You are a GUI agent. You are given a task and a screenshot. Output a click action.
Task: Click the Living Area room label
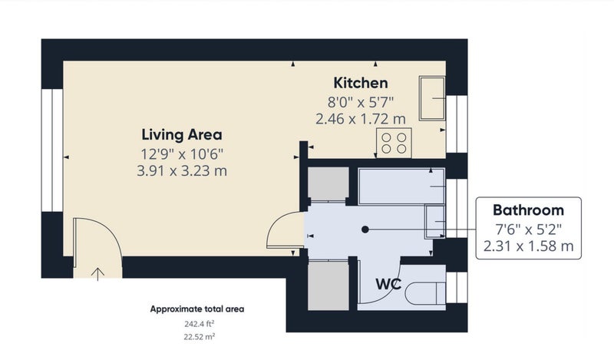point(182,134)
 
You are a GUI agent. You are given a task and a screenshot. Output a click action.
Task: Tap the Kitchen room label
point(361,83)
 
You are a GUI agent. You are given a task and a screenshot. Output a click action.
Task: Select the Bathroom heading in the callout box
point(528,210)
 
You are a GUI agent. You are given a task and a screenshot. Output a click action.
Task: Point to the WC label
point(388,284)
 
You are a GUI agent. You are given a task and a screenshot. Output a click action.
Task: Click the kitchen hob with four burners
point(394,143)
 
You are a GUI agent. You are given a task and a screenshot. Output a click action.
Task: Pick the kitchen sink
point(432,98)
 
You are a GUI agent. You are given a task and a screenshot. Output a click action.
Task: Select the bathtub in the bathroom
point(401,187)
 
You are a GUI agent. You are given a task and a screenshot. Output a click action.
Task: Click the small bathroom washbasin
point(435,222)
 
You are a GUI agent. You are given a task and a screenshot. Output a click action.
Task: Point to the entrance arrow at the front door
point(97,274)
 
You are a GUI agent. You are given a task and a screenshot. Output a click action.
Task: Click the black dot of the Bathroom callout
point(365,230)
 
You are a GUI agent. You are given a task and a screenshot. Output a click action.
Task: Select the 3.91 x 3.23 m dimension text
point(182,171)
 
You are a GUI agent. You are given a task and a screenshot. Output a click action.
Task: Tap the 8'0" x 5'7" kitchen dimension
point(361,102)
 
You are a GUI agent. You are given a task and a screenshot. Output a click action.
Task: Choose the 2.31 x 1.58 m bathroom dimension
point(528,246)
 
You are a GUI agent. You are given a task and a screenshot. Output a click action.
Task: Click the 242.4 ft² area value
point(200,324)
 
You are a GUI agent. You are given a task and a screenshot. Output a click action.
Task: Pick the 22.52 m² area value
point(200,336)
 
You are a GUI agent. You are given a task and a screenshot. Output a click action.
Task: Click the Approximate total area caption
point(197,309)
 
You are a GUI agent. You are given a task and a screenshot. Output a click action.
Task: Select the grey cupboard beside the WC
point(328,286)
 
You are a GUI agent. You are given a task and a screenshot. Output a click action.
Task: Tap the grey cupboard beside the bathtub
point(328,183)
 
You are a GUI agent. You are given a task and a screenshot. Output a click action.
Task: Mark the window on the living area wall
point(52,150)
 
